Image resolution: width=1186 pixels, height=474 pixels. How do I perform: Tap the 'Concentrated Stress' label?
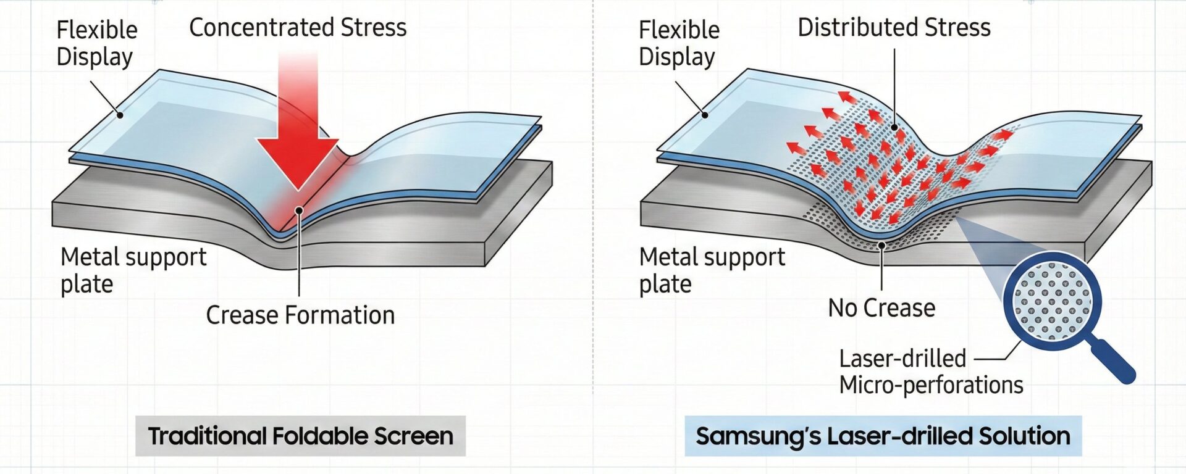coord(298,28)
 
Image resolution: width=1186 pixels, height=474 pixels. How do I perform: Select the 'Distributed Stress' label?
coord(894,28)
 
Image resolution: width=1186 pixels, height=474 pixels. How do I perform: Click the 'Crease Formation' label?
coord(300,315)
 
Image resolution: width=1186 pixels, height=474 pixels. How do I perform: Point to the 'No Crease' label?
coord(881,308)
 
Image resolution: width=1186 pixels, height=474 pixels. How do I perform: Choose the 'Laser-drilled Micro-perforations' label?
coord(930,372)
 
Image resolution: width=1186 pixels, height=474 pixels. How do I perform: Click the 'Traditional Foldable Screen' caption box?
coord(300,436)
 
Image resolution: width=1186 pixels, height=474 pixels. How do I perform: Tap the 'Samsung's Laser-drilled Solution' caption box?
coord(883,436)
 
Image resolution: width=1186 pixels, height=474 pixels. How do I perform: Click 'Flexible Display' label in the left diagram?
coord(96,43)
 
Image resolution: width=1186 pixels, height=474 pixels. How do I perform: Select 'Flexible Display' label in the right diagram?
coord(679,43)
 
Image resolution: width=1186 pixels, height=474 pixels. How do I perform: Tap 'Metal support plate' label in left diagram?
coord(133,270)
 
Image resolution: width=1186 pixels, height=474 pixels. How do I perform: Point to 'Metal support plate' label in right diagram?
coord(712,270)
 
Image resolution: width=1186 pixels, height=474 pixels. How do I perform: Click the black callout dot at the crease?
coord(299,210)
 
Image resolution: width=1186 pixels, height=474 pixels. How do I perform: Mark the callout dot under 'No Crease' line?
coord(882,246)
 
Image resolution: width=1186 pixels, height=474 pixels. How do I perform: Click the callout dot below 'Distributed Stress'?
coord(894,128)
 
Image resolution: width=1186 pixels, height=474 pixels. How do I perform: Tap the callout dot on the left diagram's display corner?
coord(120,115)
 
